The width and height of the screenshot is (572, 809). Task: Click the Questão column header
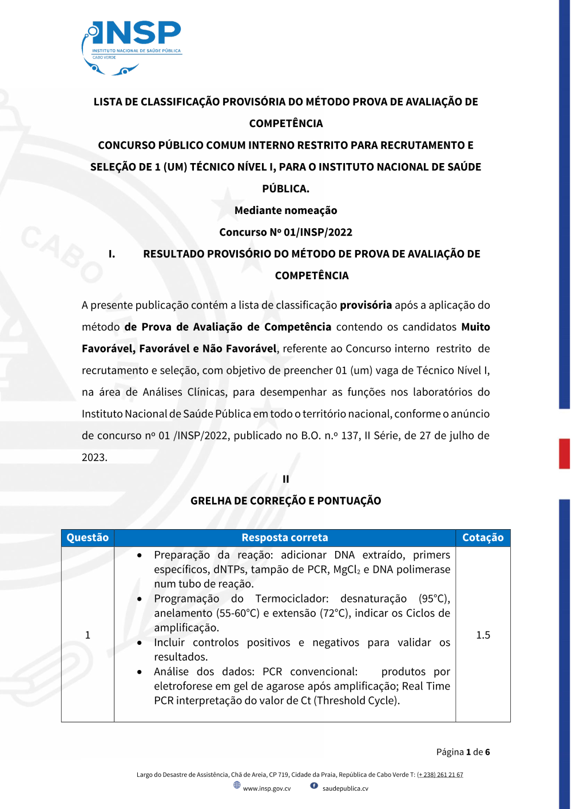point(88,538)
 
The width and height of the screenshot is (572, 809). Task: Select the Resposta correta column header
point(285,538)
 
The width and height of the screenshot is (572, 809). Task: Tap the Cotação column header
point(483,538)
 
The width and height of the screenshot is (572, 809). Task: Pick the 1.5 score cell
point(483,635)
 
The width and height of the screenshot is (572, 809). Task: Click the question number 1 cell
point(88,635)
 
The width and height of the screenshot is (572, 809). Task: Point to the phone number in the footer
point(440,775)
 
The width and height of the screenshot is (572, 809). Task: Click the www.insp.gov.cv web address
point(267,788)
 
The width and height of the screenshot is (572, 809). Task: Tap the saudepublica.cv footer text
point(345,788)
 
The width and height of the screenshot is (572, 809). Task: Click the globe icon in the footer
point(237,785)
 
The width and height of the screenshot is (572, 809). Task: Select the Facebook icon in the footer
point(314,786)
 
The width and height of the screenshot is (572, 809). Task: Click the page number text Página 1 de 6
point(463,752)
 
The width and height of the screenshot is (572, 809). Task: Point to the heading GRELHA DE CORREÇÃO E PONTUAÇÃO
point(285,501)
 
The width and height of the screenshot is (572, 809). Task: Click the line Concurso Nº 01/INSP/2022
point(285,232)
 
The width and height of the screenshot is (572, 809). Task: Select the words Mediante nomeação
point(285,211)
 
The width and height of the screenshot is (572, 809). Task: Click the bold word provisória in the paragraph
point(366,305)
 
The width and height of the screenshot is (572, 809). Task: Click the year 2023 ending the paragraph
point(94,457)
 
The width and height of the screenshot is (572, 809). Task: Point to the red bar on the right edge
point(564,454)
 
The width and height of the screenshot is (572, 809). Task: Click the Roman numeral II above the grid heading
point(285,479)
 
